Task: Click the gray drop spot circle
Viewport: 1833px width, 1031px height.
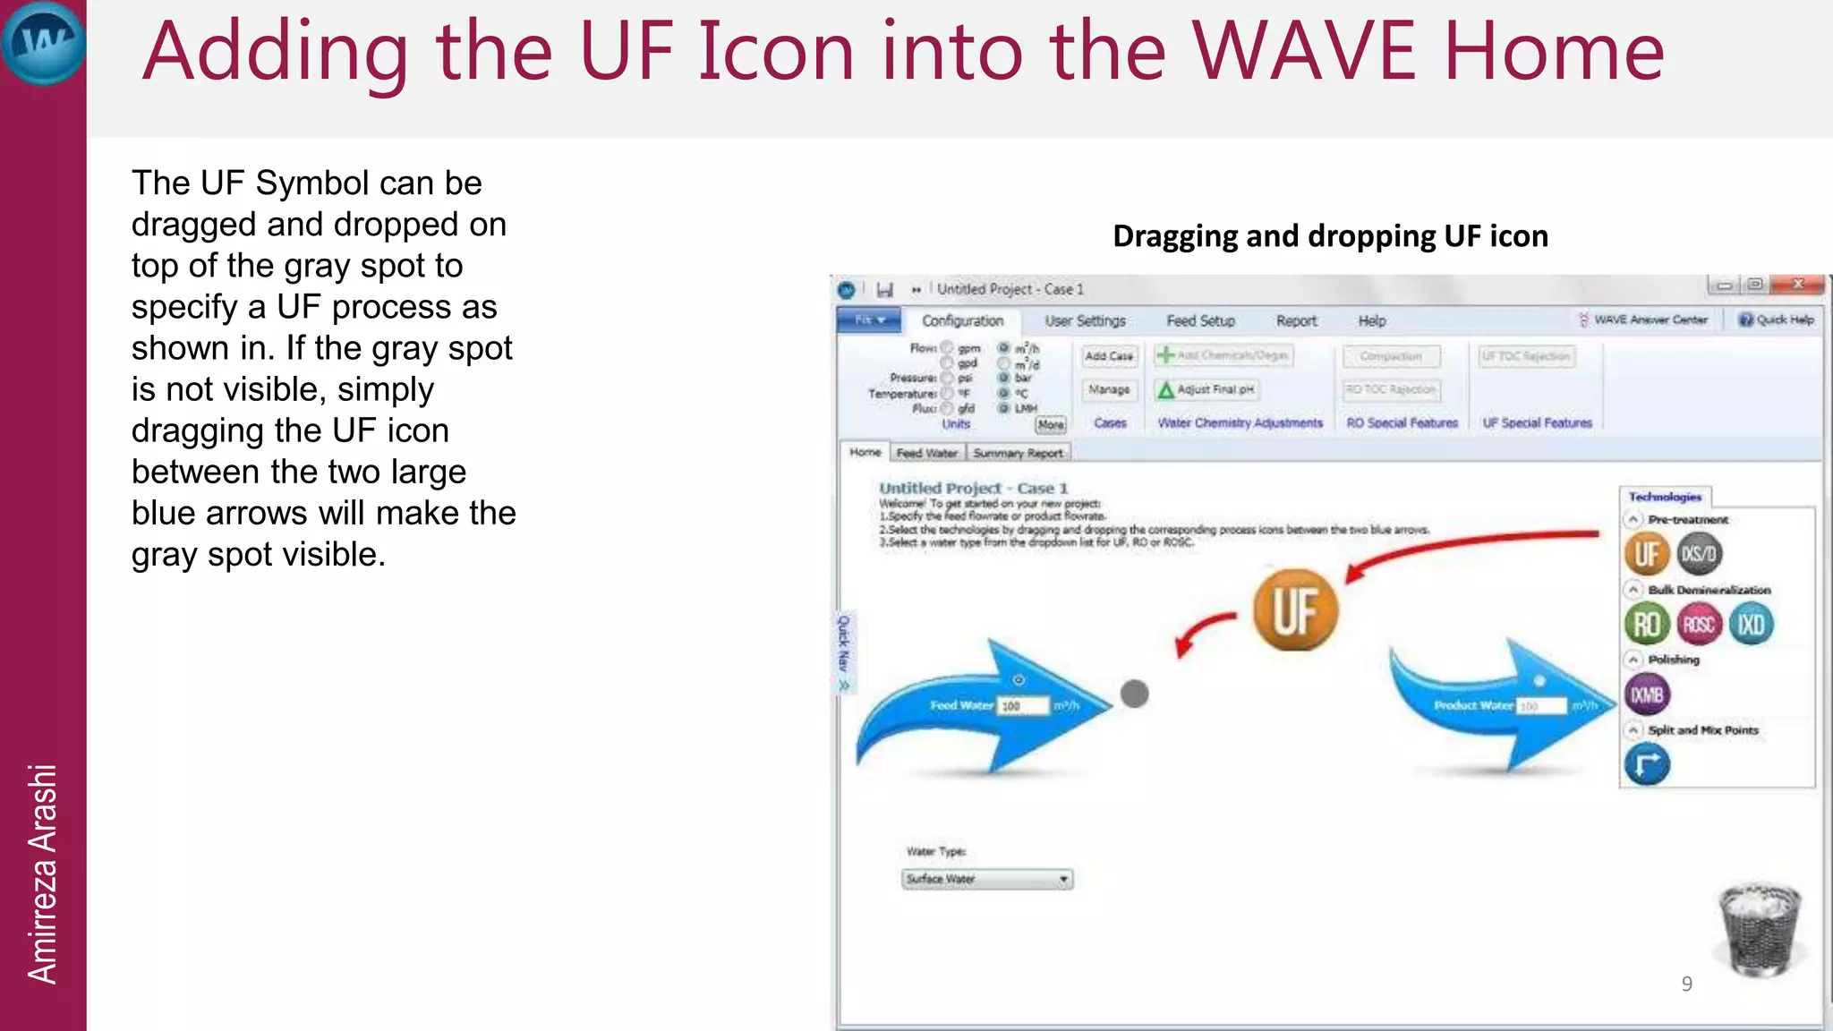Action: (1134, 694)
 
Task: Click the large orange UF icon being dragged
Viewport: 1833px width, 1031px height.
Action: (1294, 610)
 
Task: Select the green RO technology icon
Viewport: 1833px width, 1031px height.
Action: (1647, 624)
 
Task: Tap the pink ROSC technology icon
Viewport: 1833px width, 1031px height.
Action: (1699, 624)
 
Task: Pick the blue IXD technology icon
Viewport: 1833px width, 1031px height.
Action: (1751, 624)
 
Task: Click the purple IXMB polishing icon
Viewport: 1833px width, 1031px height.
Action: (1647, 694)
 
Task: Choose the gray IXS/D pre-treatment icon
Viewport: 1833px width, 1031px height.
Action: (1699, 554)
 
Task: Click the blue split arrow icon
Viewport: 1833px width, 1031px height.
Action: (1647, 765)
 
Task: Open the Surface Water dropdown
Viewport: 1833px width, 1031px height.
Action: (987, 879)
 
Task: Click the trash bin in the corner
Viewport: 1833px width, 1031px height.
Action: (1759, 931)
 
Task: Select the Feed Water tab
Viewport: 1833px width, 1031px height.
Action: (927, 453)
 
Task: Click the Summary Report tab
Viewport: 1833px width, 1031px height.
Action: (1018, 453)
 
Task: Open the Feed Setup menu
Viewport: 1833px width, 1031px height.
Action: (1200, 320)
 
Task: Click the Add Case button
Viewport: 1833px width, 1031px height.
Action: (1109, 356)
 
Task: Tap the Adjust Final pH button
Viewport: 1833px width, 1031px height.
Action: (1206, 389)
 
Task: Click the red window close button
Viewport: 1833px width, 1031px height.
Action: (1798, 285)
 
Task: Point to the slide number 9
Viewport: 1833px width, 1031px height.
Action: (1686, 984)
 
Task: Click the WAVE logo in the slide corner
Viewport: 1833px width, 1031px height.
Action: (43, 43)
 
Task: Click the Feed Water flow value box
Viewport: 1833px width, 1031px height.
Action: (1022, 706)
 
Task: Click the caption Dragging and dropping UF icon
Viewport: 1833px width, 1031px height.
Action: (1330, 236)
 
